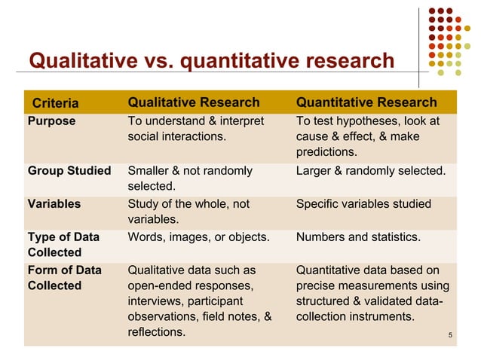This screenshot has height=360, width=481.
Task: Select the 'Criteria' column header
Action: click(x=55, y=103)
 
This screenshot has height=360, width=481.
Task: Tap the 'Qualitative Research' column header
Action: click(x=194, y=102)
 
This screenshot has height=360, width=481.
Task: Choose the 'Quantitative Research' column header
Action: click(x=366, y=102)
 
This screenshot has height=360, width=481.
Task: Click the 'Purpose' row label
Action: click(x=51, y=121)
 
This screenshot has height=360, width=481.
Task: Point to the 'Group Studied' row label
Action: click(x=69, y=171)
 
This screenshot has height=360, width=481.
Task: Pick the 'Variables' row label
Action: click(x=54, y=204)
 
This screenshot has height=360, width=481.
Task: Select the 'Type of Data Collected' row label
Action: click(x=63, y=245)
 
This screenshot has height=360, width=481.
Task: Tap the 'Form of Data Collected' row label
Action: click(x=63, y=278)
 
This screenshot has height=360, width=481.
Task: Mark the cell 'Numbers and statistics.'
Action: click(x=359, y=237)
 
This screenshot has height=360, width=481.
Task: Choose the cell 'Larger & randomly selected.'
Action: click(x=371, y=171)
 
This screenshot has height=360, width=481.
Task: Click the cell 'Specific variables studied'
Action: click(x=363, y=204)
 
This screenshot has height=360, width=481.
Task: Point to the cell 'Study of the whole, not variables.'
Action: click(x=188, y=212)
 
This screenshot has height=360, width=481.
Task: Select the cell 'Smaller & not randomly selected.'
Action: click(x=190, y=178)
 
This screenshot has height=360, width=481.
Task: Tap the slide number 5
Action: click(x=449, y=334)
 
